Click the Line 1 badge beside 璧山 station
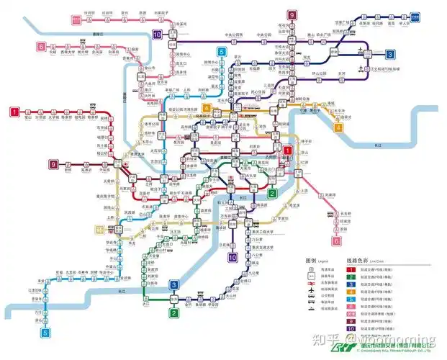click(x=14, y=112)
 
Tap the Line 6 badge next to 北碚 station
click(x=41, y=48)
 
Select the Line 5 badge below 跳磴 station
click(x=47, y=333)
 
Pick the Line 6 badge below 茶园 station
click(x=336, y=242)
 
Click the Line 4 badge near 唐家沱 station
click(x=338, y=128)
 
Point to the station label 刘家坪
click(x=330, y=194)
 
